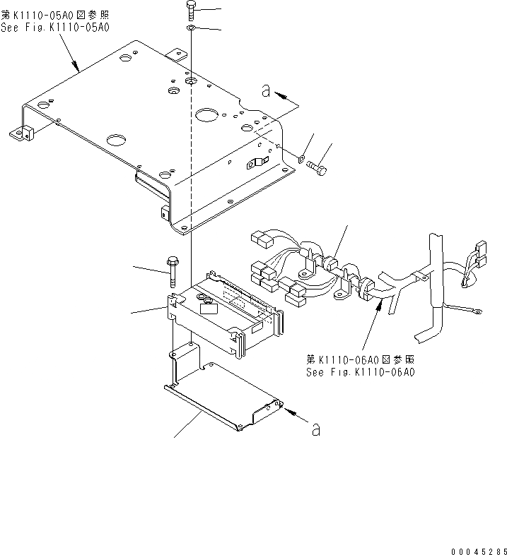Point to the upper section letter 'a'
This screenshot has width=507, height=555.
coord(265,90)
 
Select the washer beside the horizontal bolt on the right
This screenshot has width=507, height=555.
coord(302,159)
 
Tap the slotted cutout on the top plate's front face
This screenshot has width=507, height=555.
coord(253,165)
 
